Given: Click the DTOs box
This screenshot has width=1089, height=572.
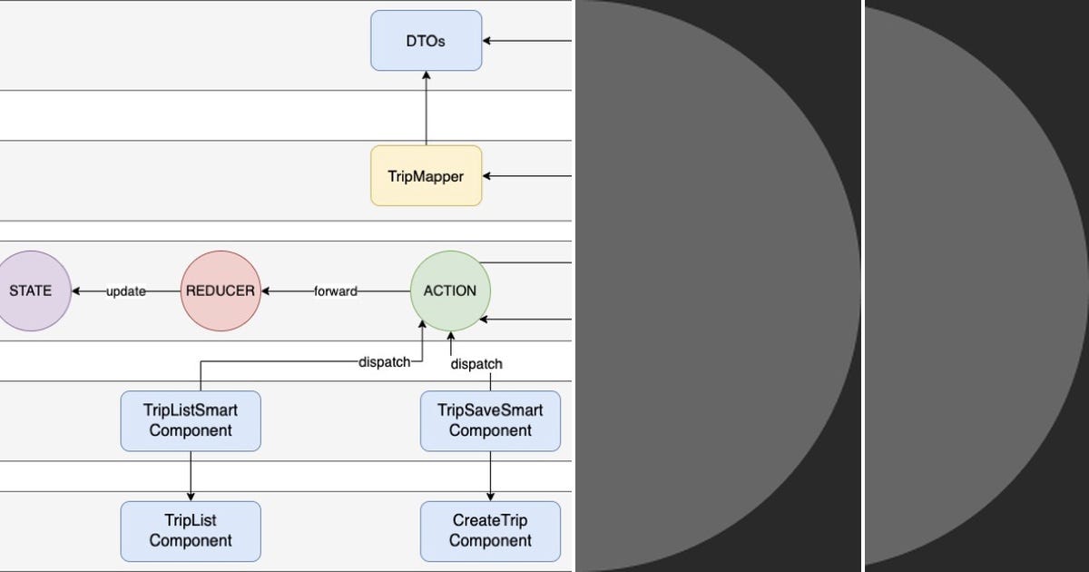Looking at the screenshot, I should tap(426, 41).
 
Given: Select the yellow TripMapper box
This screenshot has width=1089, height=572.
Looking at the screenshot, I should tap(426, 176).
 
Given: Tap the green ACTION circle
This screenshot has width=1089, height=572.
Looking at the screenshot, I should tap(449, 291).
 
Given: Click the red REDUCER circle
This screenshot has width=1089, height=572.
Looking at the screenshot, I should tap(221, 291).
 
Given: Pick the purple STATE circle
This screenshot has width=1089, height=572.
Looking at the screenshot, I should tap(32, 291).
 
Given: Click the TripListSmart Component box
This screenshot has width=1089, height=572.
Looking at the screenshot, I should tap(191, 420).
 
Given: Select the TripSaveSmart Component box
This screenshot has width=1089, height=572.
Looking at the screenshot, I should tap(490, 420).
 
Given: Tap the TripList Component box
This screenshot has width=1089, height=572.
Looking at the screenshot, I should tap(191, 531).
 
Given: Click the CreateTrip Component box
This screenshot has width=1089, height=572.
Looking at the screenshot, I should tap(490, 531).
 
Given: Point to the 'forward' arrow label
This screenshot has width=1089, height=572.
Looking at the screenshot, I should tap(335, 291).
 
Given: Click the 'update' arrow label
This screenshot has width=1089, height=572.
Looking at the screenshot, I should tap(126, 291).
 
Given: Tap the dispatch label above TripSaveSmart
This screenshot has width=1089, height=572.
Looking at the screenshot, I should tap(476, 364).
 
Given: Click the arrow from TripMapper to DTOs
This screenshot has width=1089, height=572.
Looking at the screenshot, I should tap(426, 109).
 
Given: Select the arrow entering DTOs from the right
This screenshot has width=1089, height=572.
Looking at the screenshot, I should tap(526, 41).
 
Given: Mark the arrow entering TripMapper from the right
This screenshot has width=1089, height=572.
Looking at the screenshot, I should tap(526, 176).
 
